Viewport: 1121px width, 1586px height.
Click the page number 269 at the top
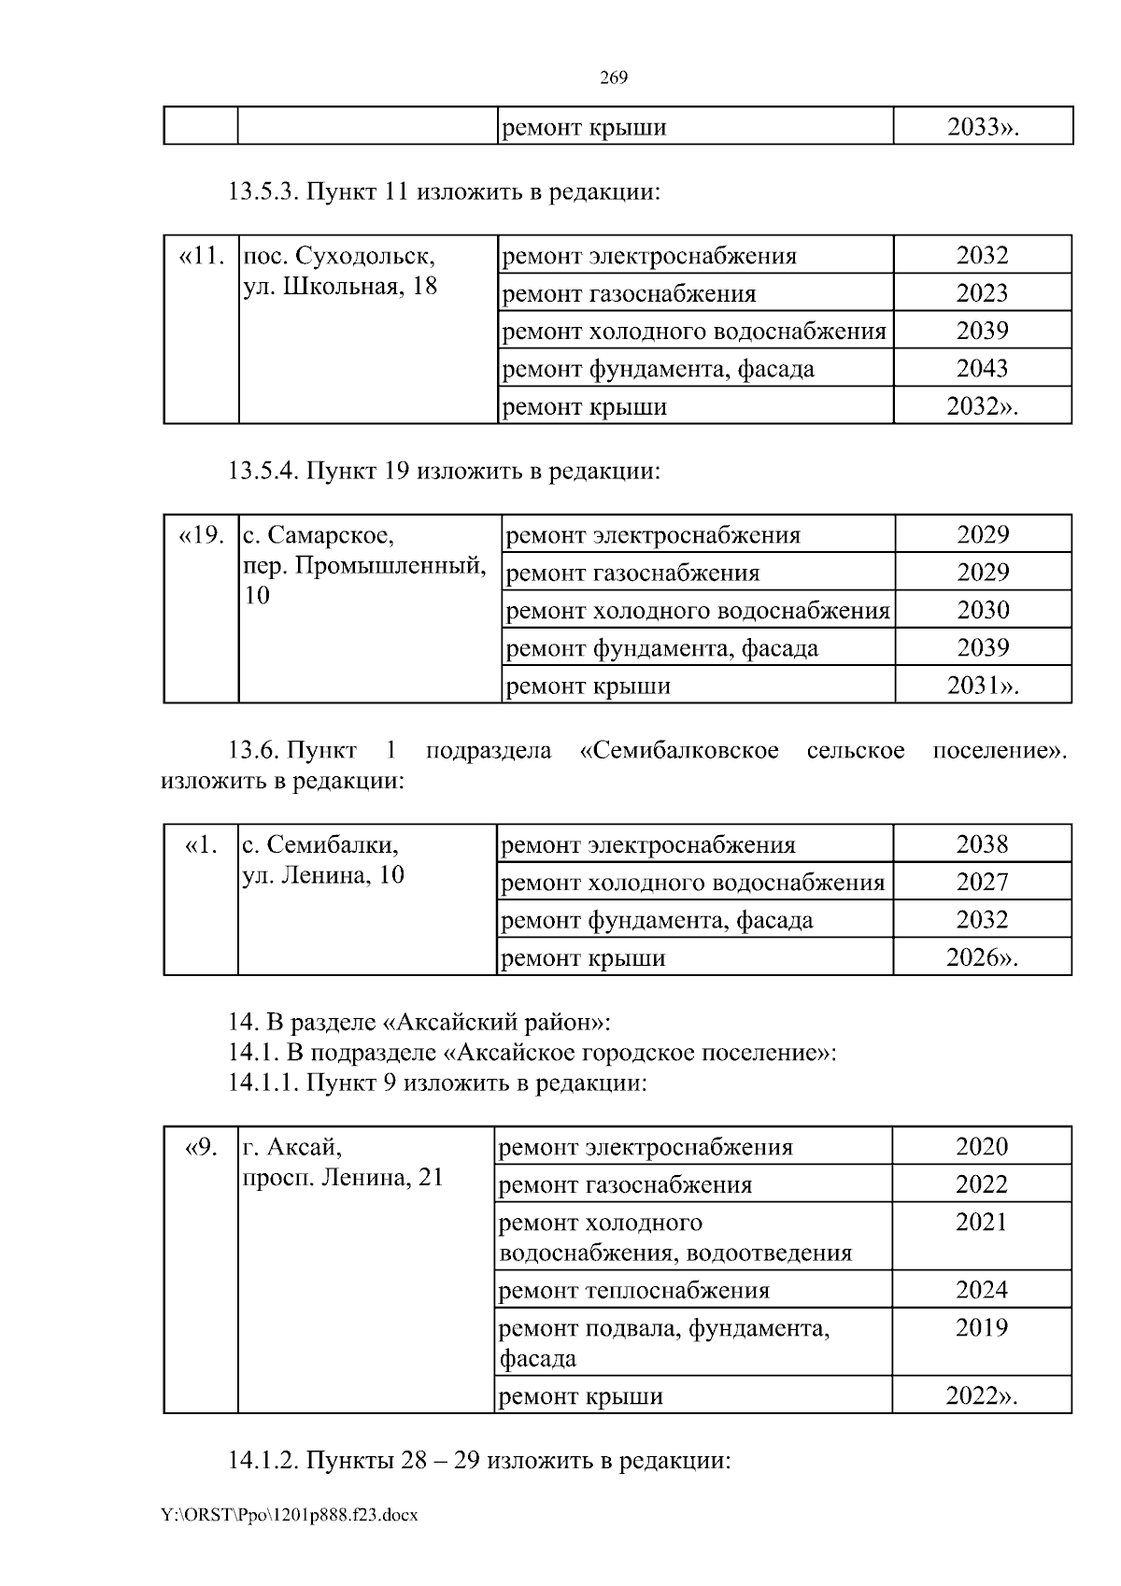click(x=613, y=78)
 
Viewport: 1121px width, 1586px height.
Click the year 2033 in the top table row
click(x=981, y=127)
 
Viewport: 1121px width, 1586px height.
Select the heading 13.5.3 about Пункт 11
click(x=444, y=192)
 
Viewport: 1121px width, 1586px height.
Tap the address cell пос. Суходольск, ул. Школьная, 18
click(x=340, y=271)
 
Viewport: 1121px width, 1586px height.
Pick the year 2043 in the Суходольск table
click(x=982, y=368)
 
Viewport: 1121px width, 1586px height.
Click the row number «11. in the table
click(x=201, y=256)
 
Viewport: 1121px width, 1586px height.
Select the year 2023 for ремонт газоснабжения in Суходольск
click(x=982, y=293)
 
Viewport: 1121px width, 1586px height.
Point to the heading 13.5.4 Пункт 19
click(x=444, y=471)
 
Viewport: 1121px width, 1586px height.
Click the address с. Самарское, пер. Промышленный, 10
click(x=364, y=564)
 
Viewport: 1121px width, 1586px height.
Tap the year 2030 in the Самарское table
click(x=983, y=610)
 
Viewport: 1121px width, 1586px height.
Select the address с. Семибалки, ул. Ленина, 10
click(x=323, y=860)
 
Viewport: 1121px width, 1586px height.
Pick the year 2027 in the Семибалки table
click(x=982, y=882)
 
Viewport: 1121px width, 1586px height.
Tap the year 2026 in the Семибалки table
click(x=981, y=957)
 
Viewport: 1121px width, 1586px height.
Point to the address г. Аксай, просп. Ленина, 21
click(x=342, y=1162)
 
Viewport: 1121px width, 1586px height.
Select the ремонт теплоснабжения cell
click(x=634, y=1290)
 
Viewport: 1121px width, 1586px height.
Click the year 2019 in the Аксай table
click(x=981, y=1327)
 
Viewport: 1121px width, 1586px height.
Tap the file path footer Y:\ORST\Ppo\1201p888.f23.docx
click(x=290, y=1515)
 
